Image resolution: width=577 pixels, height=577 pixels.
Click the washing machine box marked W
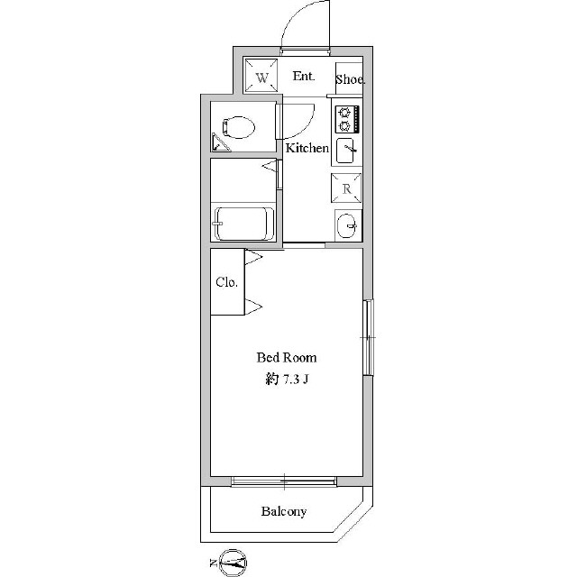click(261, 76)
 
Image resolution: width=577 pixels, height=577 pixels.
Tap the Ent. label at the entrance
click(304, 76)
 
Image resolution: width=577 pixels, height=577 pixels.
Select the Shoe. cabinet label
click(350, 79)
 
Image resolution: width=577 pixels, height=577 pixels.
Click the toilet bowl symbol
click(238, 127)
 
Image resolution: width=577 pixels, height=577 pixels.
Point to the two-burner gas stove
click(347, 119)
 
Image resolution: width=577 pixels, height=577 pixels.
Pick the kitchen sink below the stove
click(346, 151)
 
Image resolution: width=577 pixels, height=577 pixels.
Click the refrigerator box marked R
click(346, 188)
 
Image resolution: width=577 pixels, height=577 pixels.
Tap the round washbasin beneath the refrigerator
click(347, 226)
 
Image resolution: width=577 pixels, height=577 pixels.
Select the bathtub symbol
click(244, 224)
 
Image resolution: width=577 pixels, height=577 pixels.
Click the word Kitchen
click(307, 148)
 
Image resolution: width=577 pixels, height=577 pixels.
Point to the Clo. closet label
click(226, 282)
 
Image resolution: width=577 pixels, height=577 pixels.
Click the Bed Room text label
click(287, 358)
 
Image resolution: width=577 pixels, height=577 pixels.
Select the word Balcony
click(284, 511)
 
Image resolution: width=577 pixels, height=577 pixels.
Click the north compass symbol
click(233, 563)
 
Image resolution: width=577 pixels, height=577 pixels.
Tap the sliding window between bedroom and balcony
click(284, 481)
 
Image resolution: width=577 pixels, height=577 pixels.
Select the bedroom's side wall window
click(368, 337)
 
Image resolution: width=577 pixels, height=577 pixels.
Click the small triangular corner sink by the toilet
click(219, 143)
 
